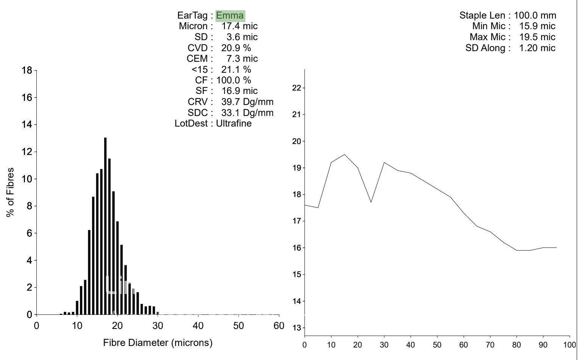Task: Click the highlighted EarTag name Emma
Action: tap(230, 16)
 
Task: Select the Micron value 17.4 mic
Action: tap(239, 26)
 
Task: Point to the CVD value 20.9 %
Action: tap(236, 48)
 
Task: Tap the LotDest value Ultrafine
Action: tap(234, 123)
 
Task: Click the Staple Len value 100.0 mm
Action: tap(535, 16)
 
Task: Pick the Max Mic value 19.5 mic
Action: tap(537, 37)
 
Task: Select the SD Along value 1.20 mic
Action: tap(537, 48)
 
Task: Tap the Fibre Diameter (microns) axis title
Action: tap(158, 343)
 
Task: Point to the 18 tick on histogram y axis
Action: tap(27, 70)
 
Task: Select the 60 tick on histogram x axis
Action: tap(279, 326)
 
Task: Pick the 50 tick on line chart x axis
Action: tap(437, 345)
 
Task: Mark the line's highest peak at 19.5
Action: tap(344, 154)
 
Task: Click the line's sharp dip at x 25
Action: tap(371, 202)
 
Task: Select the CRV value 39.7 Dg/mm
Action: tap(247, 102)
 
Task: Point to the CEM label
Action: tap(197, 59)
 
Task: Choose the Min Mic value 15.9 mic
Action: tap(537, 26)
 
